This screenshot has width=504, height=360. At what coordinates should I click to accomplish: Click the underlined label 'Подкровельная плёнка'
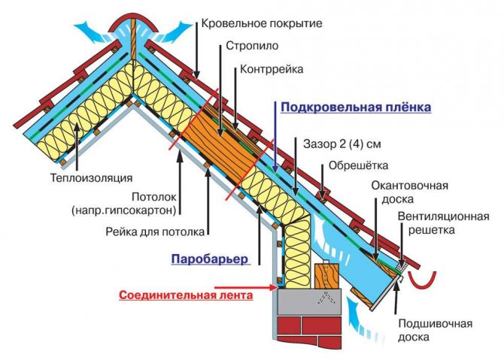356,107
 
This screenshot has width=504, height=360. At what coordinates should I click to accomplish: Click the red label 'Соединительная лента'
185,295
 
